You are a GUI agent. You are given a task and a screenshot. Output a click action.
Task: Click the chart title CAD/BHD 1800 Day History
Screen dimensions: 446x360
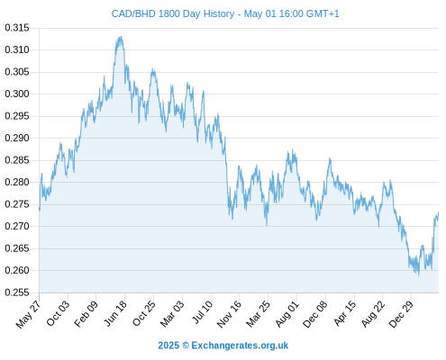[173, 13]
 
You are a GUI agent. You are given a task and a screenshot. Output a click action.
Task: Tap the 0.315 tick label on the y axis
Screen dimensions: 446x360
[17, 28]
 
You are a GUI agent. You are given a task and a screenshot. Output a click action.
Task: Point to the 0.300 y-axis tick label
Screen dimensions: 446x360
[17, 94]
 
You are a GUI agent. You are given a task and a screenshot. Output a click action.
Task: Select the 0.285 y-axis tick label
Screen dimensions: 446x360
[17, 160]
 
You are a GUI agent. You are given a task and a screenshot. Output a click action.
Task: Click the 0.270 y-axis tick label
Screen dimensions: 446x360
[17, 226]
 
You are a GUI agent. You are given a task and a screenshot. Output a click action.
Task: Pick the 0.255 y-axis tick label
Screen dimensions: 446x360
[17, 292]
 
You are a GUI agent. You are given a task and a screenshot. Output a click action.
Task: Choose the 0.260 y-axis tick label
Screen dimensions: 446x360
[17, 270]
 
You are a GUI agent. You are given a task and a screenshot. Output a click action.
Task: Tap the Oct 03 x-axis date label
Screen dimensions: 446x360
[58, 313]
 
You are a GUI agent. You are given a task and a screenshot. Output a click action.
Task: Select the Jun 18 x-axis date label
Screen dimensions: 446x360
[115, 313]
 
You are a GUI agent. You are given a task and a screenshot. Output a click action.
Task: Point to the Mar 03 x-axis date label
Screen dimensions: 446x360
[172, 314]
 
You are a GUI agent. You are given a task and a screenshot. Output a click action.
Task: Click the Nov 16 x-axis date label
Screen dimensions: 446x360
[229, 314]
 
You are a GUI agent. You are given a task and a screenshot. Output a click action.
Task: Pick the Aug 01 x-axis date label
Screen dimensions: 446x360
[287, 314]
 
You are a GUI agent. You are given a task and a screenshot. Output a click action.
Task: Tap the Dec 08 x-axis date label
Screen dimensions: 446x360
[314, 314]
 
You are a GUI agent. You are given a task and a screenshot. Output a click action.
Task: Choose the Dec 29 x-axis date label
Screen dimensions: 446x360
[401, 314]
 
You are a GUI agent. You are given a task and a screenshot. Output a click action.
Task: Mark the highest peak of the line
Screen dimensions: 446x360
[121, 36]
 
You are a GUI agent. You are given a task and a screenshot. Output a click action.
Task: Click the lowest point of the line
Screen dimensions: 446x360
[419, 275]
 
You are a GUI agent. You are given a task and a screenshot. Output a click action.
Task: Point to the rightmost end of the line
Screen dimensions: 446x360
[439, 212]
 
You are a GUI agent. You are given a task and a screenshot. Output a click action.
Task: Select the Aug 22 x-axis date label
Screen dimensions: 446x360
[373, 314]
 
